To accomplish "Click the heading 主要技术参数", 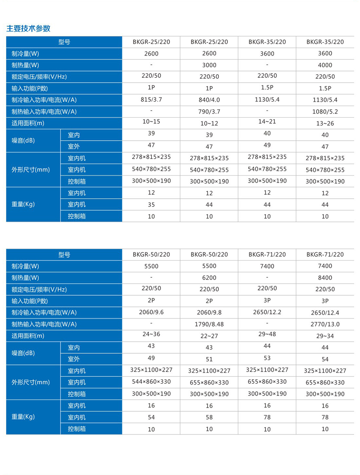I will click(x=28, y=28).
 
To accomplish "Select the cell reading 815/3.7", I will click(x=151, y=99).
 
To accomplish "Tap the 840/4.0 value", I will click(x=209, y=100).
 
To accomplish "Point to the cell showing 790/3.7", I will click(x=209, y=112).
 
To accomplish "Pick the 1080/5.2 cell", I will click(x=325, y=112).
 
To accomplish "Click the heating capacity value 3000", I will click(x=209, y=65).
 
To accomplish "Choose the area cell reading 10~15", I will click(x=151, y=122).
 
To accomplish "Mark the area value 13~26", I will click(x=325, y=123).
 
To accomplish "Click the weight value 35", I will click(x=151, y=205).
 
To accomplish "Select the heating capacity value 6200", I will click(x=209, y=278).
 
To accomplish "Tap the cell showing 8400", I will click(x=325, y=278).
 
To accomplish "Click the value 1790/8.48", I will click(x=209, y=325).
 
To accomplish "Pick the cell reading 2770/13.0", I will click(x=325, y=325).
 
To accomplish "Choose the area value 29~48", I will click(x=267, y=334).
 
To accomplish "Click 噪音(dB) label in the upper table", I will click(x=23, y=141).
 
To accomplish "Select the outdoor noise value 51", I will click(x=209, y=359).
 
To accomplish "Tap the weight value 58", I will click(x=209, y=417).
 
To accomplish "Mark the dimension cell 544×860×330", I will click(x=151, y=381).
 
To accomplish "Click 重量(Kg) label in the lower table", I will click(x=23, y=417).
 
